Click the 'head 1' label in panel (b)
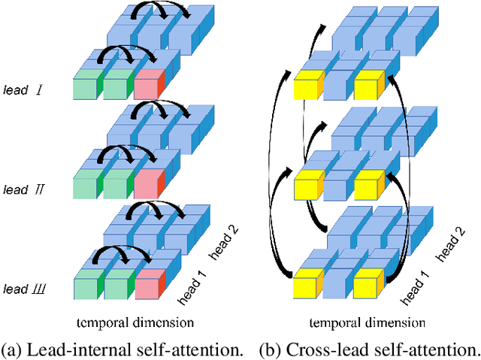[x=415, y=289]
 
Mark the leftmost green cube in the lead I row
[x=87, y=87]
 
